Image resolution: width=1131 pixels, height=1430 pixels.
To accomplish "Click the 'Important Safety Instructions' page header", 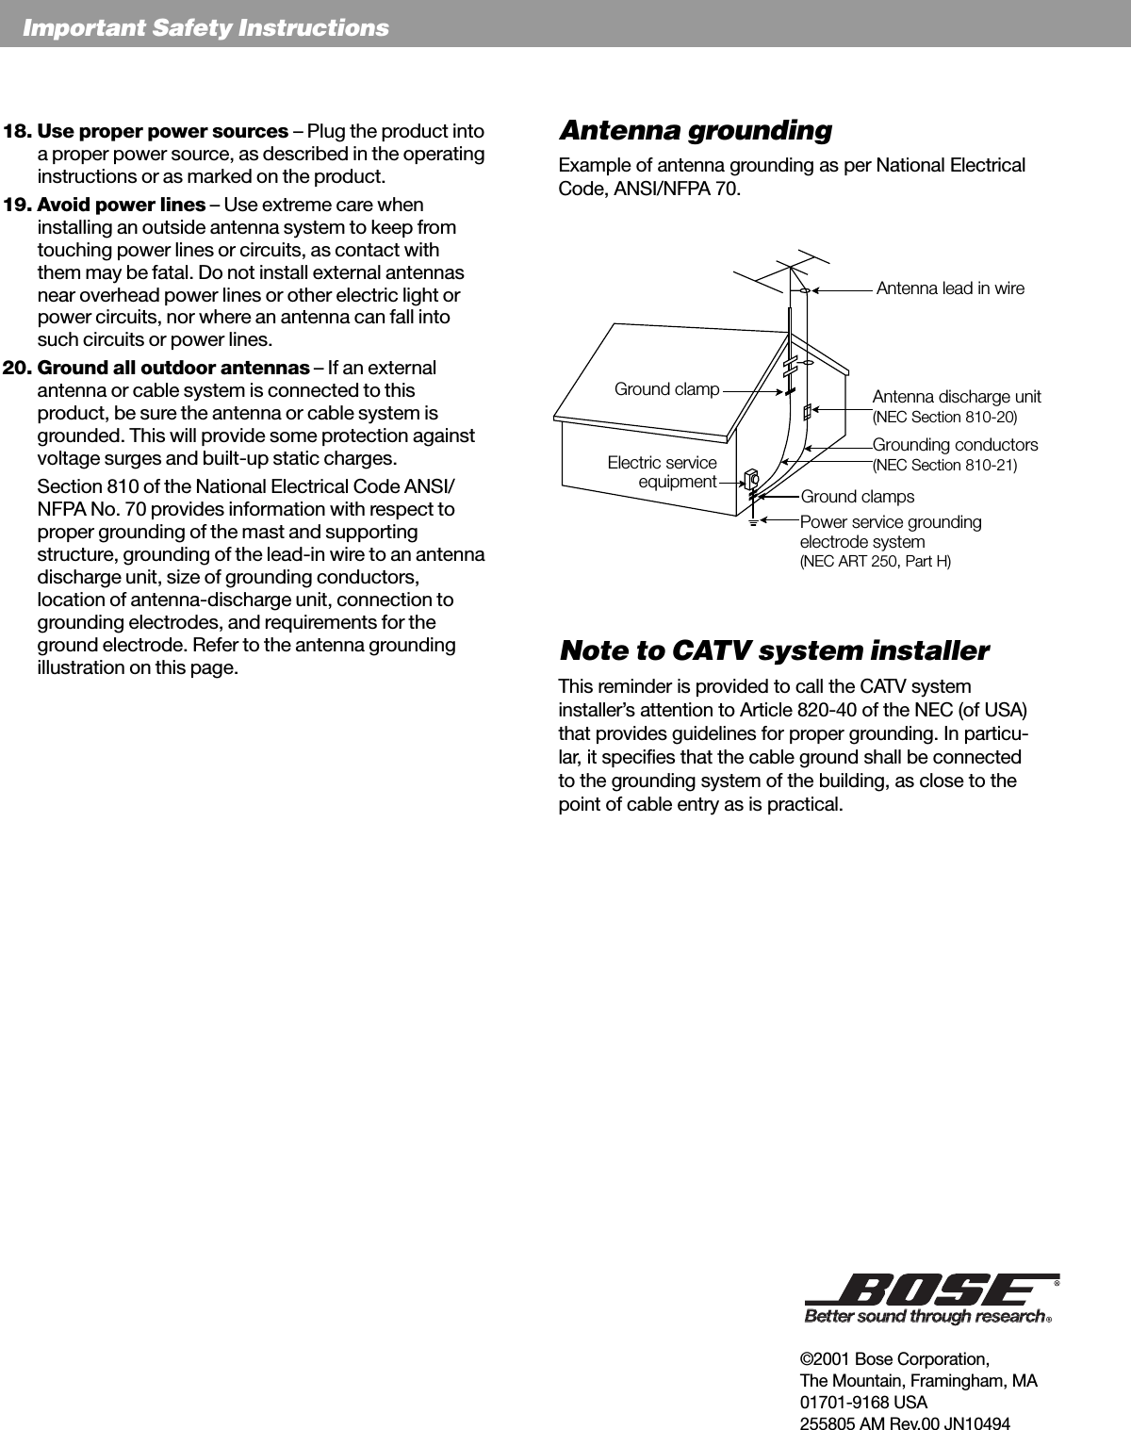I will pos(205,28).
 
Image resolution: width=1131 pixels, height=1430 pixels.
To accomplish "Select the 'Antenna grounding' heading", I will pos(696,130).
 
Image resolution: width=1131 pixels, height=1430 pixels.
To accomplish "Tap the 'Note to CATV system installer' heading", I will pos(774,651).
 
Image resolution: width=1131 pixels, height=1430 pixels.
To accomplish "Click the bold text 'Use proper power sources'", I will pos(162,131).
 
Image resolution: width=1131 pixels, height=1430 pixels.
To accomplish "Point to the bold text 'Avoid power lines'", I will pos(121,205).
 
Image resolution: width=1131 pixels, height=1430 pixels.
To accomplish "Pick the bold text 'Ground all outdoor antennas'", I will pos(172,368).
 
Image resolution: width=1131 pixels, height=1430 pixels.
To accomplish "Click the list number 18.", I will pos(18,131).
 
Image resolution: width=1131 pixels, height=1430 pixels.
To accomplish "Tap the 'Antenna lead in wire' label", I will pos(950,288).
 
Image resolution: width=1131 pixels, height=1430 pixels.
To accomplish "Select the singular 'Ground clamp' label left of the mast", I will pos(666,389).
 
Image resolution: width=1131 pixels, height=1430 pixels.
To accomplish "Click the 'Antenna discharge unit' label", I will pos(957,397).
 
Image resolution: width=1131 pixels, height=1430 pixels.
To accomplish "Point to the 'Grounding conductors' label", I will pos(955,444).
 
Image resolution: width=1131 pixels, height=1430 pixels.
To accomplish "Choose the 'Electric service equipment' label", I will pos(663,472).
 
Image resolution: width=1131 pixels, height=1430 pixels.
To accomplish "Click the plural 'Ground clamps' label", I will pos(857,497).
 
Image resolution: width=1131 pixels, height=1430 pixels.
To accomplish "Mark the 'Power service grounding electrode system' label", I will pos(890,532).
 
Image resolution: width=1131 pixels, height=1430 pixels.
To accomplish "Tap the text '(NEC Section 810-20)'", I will pos(944,417).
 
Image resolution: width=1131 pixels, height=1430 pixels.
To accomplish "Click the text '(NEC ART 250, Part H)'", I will pos(875,562).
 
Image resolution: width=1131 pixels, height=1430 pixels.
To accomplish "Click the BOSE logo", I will pos(927,1289).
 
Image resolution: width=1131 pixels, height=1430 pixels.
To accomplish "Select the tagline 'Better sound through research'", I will pos(924,1316).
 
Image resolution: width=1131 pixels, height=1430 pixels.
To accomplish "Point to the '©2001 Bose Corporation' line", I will pos(893,1359).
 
